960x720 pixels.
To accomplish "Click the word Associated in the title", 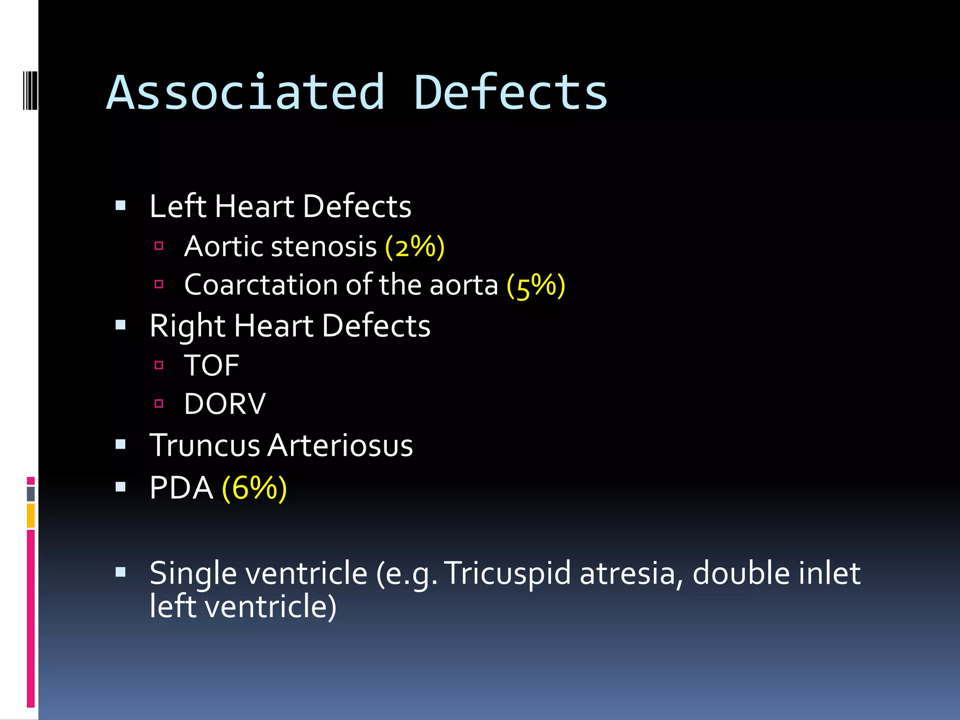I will point(246,93).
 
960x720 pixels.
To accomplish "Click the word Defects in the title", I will point(510,93).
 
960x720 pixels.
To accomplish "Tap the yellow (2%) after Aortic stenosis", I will point(414,247).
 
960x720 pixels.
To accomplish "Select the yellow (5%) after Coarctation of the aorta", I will point(536,285).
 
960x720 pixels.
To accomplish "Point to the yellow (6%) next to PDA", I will point(254,488).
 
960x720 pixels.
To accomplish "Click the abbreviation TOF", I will point(211,366).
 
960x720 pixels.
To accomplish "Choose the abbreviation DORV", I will point(225,404).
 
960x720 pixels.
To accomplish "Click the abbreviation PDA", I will point(181,488).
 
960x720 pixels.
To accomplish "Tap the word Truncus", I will point(204,445).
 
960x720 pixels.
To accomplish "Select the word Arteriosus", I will point(340,445).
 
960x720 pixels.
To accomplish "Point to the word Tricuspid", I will point(507,573).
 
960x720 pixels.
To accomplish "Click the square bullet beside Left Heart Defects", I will point(120,205).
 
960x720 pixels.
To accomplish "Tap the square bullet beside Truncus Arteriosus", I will point(120,444).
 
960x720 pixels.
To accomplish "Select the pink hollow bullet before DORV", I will point(159,403).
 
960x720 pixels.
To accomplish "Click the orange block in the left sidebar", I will point(30,516).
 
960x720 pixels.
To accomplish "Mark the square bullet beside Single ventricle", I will point(120,572).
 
